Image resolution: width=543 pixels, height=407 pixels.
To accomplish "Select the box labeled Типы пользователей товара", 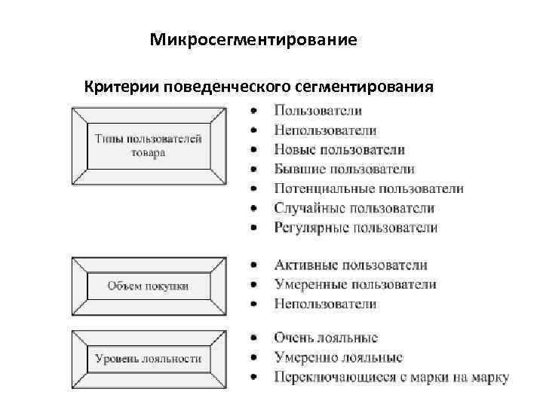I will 149,145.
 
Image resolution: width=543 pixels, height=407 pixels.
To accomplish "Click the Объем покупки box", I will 149,286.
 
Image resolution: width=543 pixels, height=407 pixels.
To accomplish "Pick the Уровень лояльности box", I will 149,359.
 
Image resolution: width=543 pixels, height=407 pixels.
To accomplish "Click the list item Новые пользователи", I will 339,150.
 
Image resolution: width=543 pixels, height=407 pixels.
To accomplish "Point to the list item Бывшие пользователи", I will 344,170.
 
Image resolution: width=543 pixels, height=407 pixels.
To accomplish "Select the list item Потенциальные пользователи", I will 369,188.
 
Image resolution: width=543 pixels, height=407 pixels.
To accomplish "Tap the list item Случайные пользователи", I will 354,208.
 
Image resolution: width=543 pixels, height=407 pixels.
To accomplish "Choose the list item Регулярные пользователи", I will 356,227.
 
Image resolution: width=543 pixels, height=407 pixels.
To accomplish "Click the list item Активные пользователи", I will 351,265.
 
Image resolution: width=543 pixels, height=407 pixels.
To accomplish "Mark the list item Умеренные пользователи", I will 355,285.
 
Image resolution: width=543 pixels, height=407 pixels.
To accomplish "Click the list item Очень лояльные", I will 326,338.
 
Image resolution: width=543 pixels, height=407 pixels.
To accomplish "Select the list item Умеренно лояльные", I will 338,358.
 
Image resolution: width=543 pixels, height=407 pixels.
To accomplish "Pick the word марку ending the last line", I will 490,378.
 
